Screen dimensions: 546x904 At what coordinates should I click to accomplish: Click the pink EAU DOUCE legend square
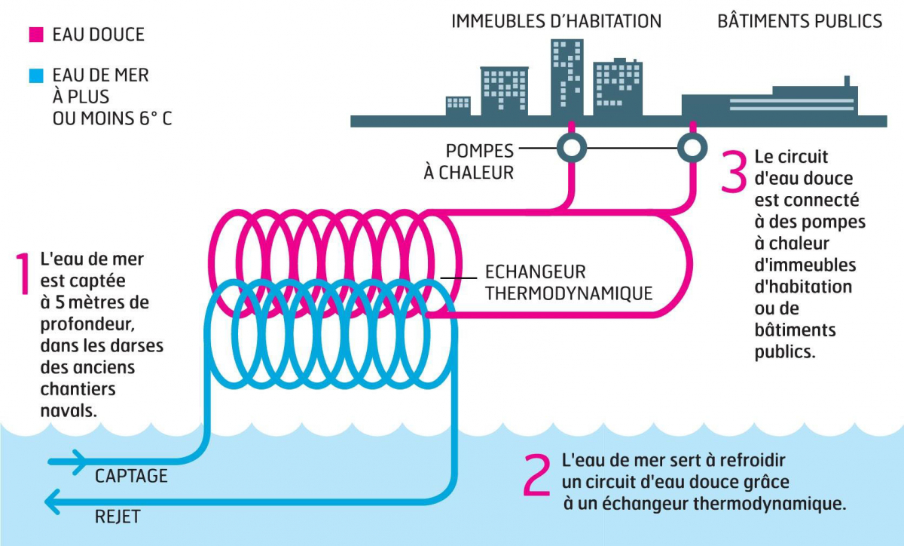pos(36,35)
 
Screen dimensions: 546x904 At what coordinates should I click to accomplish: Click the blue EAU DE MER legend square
pos(36,76)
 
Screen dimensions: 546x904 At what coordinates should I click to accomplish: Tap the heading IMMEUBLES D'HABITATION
pos(556,21)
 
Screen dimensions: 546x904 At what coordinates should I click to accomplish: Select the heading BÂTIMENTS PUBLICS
pos(799,21)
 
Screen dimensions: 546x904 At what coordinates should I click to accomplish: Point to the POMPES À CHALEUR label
pos(469,161)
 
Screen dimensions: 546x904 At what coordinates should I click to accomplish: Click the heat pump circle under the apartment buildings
pos(572,147)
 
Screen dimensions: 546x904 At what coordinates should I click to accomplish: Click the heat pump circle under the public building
pos(691,147)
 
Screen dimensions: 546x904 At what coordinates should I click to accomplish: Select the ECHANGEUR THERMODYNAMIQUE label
pos(568,282)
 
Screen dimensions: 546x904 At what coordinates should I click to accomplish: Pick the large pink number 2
pos(537,475)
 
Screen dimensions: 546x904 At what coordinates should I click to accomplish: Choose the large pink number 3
pos(733,172)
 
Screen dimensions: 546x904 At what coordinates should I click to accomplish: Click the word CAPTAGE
pos(131,477)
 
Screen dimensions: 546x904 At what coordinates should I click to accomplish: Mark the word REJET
pos(118,517)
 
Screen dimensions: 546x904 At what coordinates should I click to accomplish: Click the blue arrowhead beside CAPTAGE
pos(78,462)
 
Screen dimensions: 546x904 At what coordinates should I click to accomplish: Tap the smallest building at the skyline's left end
pos(458,106)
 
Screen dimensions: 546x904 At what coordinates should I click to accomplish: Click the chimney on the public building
pos(847,81)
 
